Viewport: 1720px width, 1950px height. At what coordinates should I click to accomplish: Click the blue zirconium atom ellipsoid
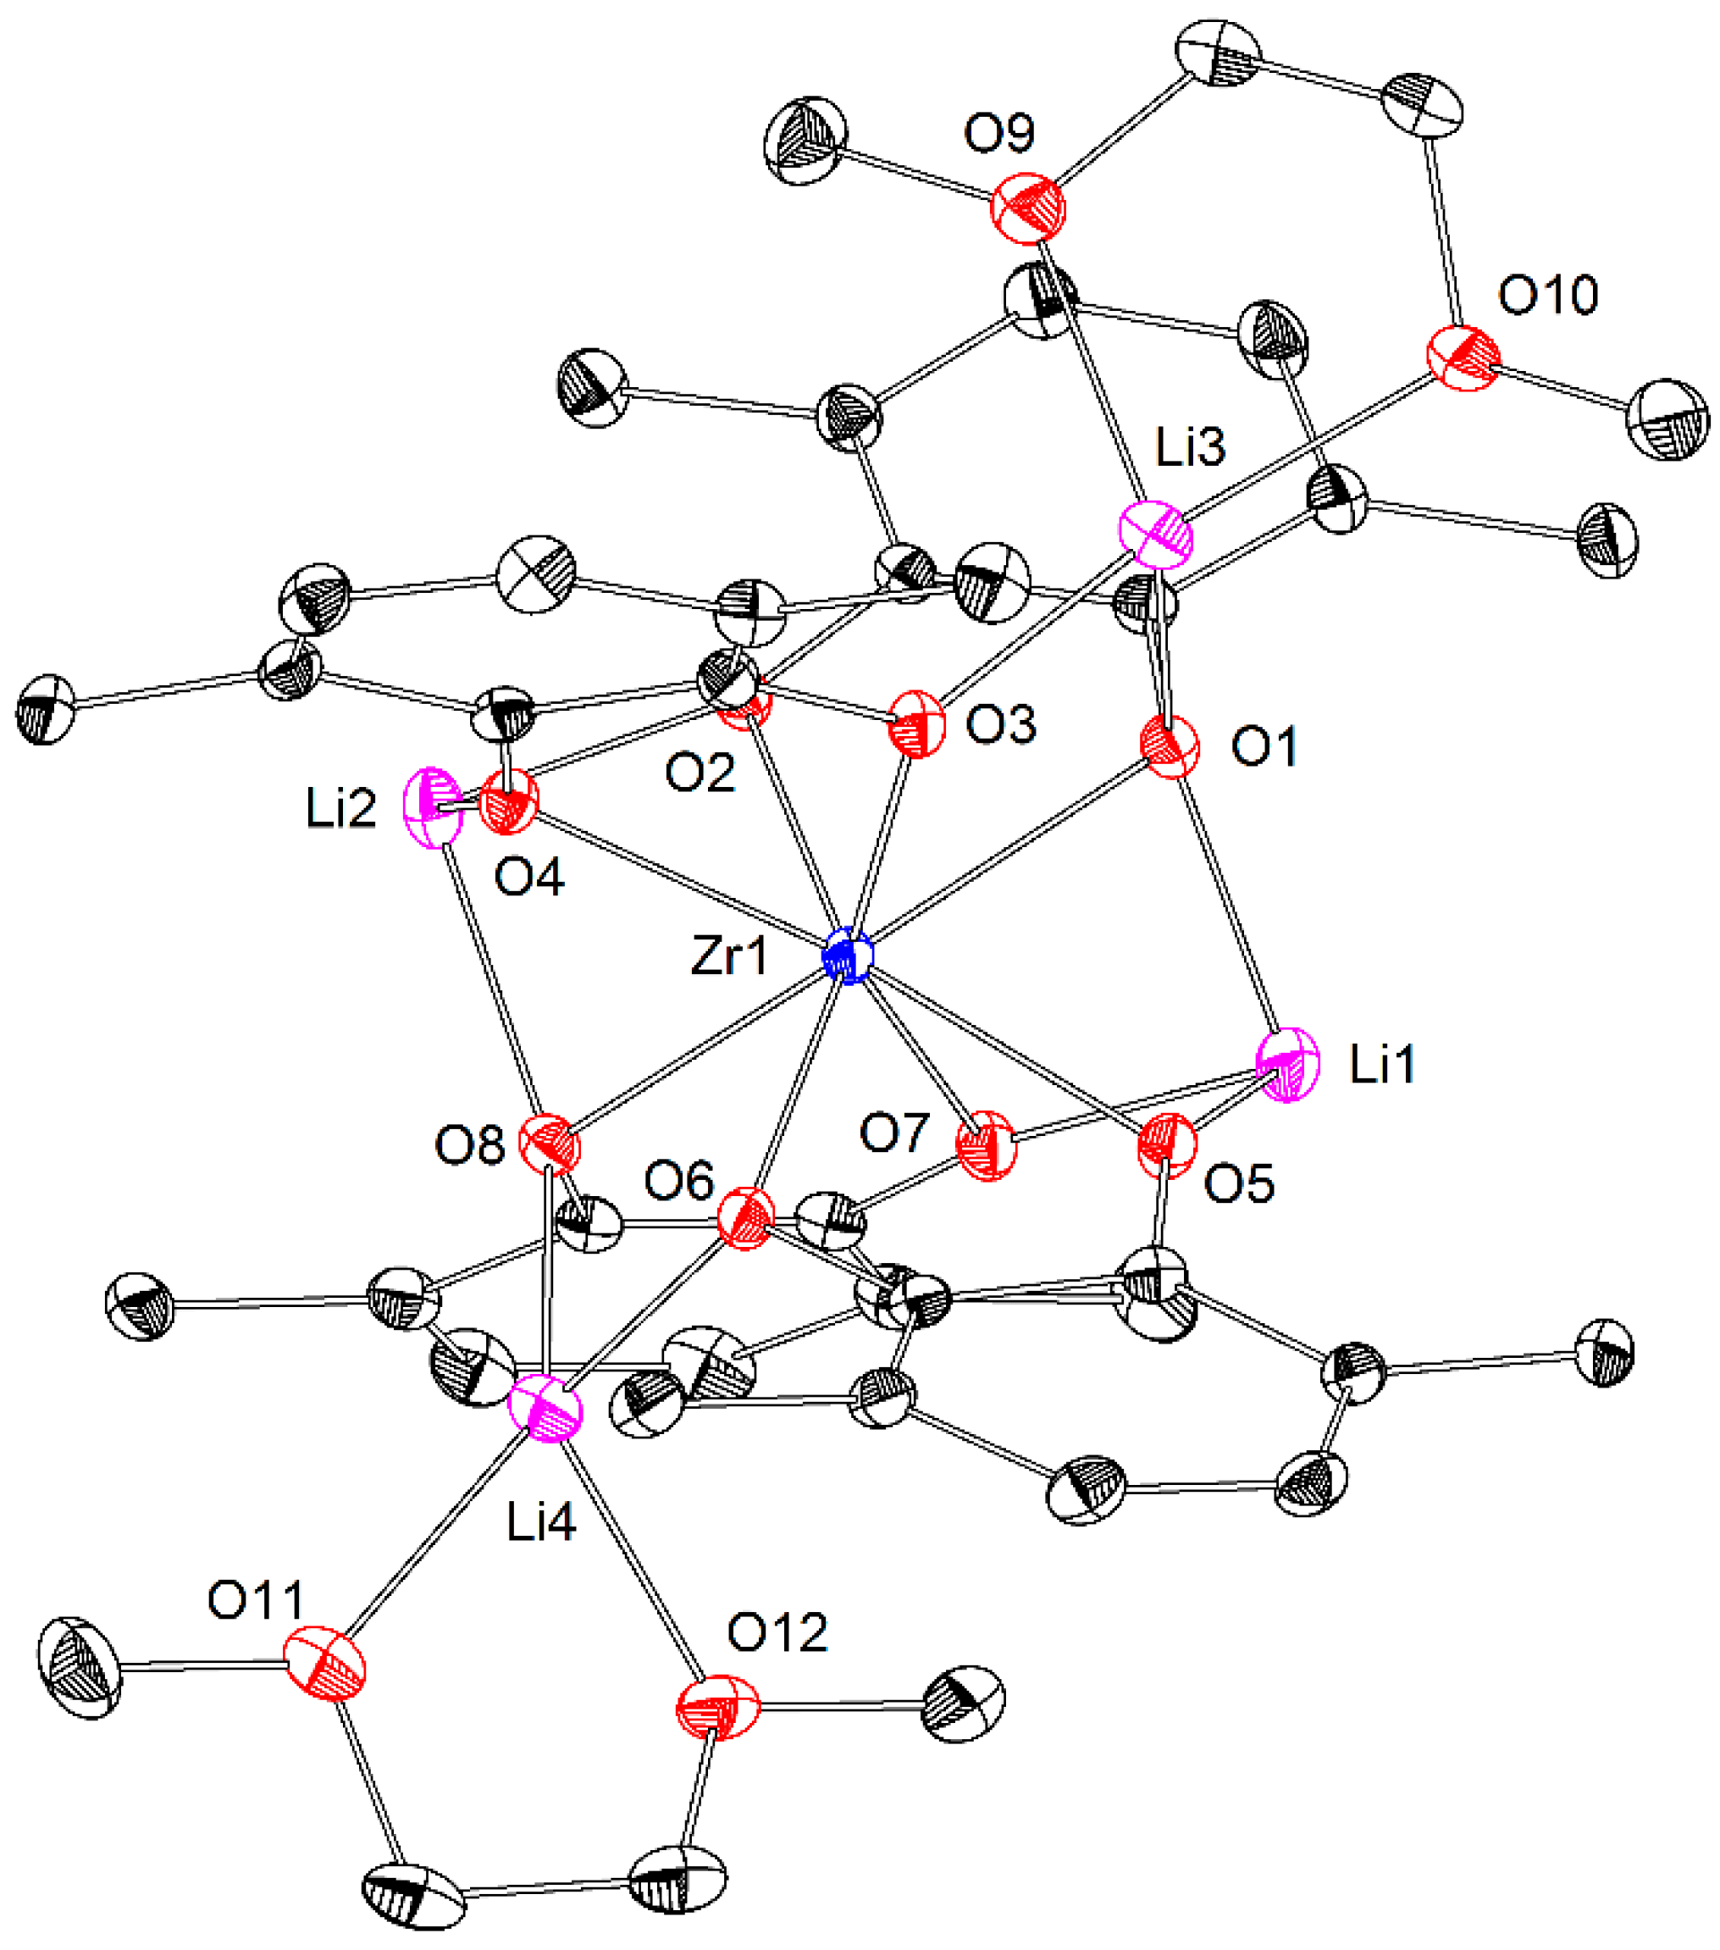tap(848, 957)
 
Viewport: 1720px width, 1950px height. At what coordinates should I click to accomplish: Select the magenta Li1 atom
tap(1288, 1065)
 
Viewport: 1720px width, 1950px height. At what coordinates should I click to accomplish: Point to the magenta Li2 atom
tap(432, 807)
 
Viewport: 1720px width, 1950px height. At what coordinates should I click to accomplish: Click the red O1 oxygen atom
tap(1170, 747)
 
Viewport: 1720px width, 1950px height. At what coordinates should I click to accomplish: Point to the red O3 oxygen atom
tap(915, 724)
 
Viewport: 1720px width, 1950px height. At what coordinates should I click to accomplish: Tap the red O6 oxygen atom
tap(744, 1218)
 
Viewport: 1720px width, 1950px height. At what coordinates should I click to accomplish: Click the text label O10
tap(1547, 296)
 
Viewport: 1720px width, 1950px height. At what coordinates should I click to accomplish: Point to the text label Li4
tap(541, 1524)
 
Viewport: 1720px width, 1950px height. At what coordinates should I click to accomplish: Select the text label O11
tap(256, 1601)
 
